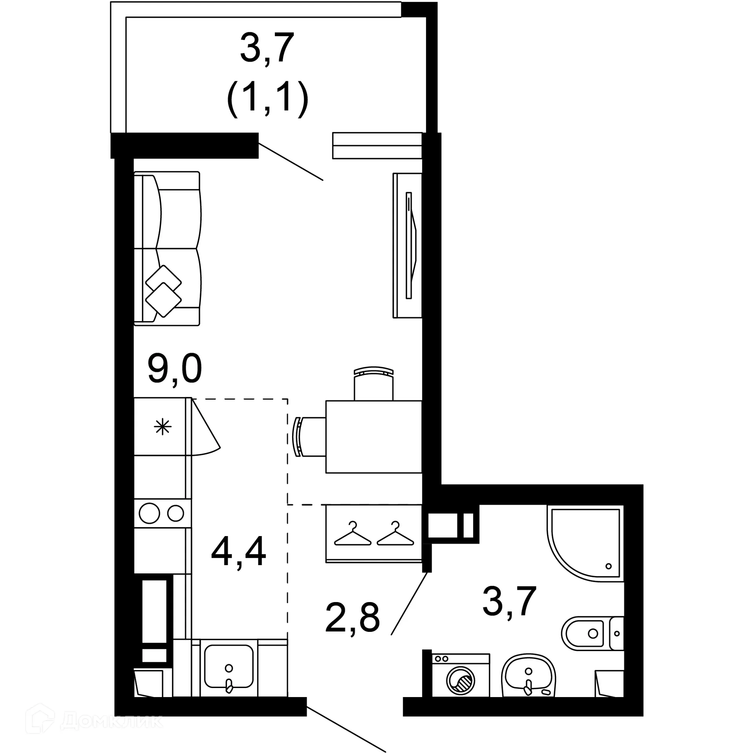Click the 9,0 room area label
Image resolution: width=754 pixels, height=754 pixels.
(175, 368)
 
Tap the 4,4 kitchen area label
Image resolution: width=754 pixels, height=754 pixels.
(238, 552)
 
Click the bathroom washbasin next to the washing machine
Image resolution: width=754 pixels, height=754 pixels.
(529, 677)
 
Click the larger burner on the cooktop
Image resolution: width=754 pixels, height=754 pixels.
(149, 513)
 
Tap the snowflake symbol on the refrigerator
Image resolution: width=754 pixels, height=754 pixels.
(162, 427)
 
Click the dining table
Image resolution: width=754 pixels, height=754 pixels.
(373, 436)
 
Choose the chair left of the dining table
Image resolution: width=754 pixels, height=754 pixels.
(309, 437)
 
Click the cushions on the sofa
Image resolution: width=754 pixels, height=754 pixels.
(163, 291)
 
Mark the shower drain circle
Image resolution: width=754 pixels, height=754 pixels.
(608, 566)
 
